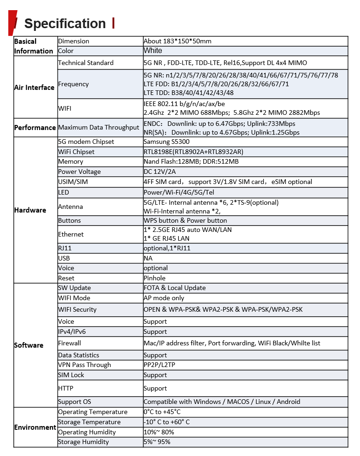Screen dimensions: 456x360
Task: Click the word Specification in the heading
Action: (x=65, y=24)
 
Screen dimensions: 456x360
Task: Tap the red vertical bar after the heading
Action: (x=113, y=23)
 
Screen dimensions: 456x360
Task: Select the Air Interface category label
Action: (x=34, y=88)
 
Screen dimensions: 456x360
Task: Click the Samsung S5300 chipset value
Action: (x=166, y=142)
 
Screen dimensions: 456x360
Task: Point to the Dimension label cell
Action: (x=74, y=41)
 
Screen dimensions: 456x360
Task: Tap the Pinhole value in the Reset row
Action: (x=154, y=278)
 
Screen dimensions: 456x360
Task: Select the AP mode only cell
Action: (x=164, y=298)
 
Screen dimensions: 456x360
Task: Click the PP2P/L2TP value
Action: (x=159, y=365)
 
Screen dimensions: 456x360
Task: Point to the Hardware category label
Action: (x=30, y=210)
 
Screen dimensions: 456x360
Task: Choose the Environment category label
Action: (x=35, y=427)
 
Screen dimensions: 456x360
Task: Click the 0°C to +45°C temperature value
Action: (x=162, y=412)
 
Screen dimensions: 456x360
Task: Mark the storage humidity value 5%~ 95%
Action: (x=157, y=442)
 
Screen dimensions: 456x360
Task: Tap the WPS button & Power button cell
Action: (x=185, y=221)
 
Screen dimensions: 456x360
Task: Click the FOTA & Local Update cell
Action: (x=175, y=288)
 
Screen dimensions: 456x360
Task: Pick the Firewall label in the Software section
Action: (x=70, y=343)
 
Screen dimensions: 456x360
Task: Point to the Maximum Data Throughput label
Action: (x=99, y=128)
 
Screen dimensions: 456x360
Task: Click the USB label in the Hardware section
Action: (x=64, y=259)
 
